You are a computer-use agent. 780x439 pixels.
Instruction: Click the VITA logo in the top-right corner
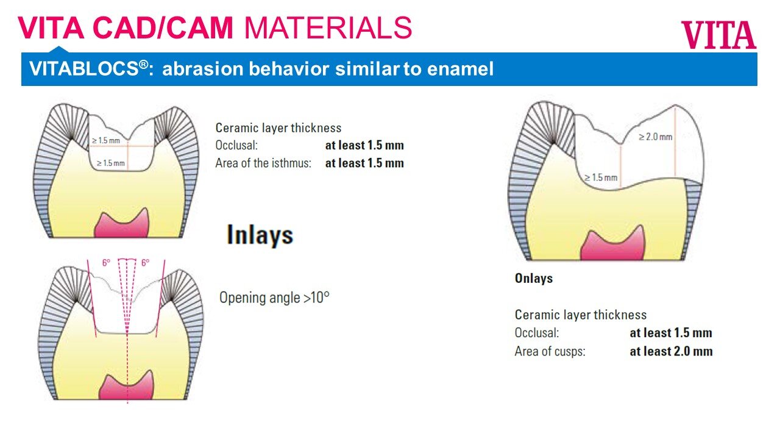coord(718,35)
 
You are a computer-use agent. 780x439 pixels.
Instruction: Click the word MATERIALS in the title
coord(328,28)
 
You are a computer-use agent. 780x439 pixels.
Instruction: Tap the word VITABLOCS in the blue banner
coord(84,68)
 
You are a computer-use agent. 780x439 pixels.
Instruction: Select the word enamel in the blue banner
coord(460,69)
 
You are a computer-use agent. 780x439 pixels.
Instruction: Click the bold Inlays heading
coord(260,235)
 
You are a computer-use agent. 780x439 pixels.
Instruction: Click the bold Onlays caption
coord(533,279)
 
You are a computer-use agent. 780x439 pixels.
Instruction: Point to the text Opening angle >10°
coord(274,298)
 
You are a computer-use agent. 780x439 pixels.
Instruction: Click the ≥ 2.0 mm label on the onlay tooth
coord(655,137)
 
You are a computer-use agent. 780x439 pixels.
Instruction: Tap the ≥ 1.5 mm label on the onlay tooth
coord(601,177)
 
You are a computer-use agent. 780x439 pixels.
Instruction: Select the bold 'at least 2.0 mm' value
coord(671,351)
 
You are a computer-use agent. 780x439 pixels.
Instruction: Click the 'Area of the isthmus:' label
coord(263,163)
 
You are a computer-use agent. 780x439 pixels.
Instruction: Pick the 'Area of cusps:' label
coord(550,352)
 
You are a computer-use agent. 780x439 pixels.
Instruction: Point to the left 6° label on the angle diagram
coord(106,263)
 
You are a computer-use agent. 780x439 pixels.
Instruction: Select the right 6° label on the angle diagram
coord(145,263)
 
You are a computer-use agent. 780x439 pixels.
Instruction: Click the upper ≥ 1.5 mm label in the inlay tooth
coord(106,141)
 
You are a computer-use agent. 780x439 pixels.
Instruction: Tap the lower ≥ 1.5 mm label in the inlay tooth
coord(110,163)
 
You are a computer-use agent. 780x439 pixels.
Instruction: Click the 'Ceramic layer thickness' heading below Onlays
coord(581,315)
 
